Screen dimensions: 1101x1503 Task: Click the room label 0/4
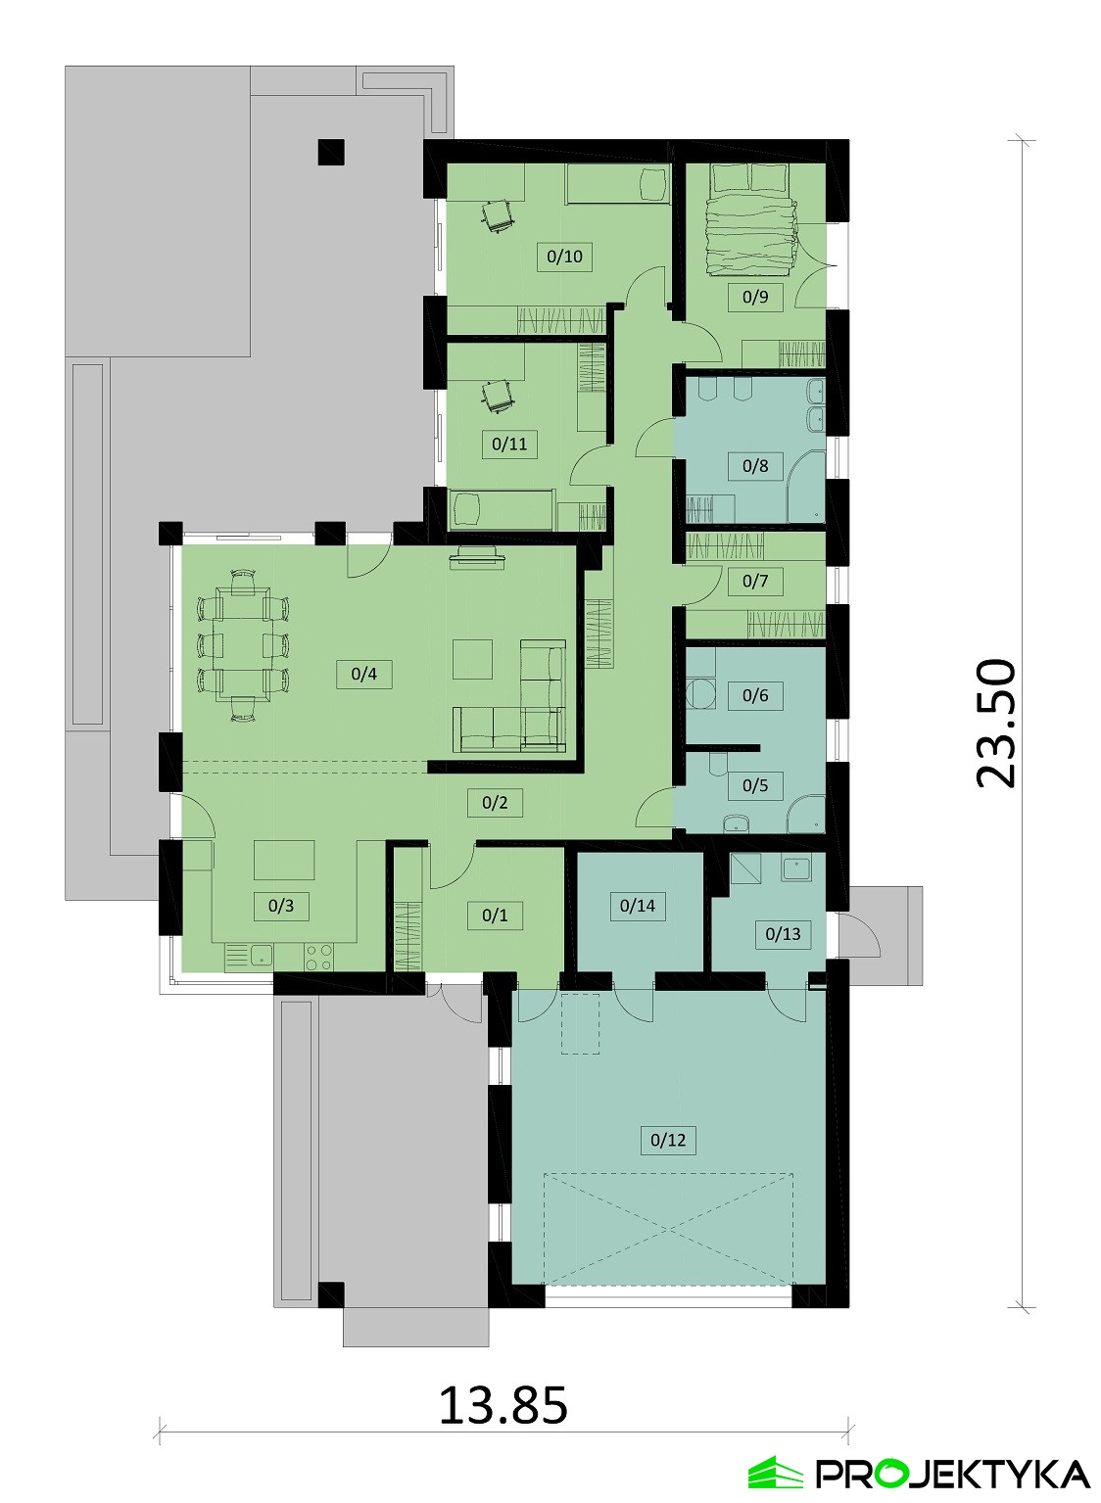[363, 674]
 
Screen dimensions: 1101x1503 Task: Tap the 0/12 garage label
[668, 1140]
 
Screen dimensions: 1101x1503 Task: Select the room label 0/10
[564, 257]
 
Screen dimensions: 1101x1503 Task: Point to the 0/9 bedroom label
[755, 297]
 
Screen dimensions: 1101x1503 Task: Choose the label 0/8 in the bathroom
[755, 466]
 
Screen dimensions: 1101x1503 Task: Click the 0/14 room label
[637, 906]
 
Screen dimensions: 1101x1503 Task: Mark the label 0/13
[783, 934]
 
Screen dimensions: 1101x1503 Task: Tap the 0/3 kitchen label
[281, 906]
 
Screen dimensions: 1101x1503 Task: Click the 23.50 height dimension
[996, 723]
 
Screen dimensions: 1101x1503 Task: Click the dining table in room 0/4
[242, 645]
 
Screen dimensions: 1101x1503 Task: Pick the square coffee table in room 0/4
[472, 660]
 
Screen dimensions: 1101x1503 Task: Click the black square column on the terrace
[332, 152]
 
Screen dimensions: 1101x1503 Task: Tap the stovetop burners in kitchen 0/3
[318, 958]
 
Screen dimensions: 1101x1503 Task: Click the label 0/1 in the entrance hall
[495, 916]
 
